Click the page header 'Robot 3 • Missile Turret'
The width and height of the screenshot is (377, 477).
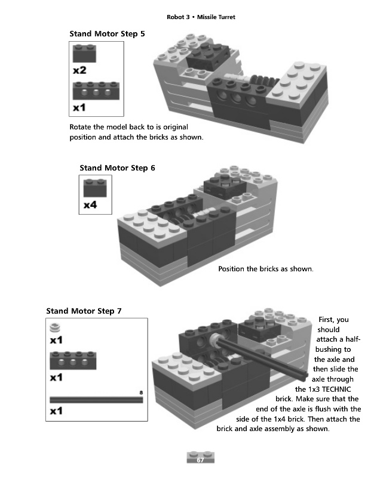(x=201, y=17)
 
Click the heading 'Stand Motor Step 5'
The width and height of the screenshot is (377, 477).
(x=107, y=34)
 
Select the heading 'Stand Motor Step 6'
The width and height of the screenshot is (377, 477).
(x=117, y=168)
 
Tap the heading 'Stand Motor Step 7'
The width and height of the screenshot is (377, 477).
(x=84, y=311)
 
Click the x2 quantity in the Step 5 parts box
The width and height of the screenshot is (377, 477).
(x=79, y=70)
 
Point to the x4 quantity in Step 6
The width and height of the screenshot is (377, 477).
(x=90, y=205)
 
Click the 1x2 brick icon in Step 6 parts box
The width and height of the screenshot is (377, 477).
(x=95, y=188)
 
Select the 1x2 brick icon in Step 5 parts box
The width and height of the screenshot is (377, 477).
(x=84, y=53)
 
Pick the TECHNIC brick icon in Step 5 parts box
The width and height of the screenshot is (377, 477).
(x=96, y=91)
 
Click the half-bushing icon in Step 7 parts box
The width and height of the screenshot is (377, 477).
(x=55, y=327)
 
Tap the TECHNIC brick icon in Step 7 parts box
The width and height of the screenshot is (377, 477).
(x=73, y=361)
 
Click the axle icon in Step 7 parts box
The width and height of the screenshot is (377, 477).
(x=96, y=399)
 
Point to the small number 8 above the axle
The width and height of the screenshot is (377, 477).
(x=141, y=393)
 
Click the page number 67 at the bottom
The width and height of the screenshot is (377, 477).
(x=200, y=460)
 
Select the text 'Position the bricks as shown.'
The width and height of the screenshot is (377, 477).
(x=266, y=269)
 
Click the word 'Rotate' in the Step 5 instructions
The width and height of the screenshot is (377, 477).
(x=81, y=127)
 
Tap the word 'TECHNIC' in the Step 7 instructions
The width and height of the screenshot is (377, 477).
(x=336, y=389)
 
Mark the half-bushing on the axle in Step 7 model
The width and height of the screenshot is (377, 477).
(x=214, y=339)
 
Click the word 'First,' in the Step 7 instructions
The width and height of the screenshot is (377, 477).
(x=326, y=320)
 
